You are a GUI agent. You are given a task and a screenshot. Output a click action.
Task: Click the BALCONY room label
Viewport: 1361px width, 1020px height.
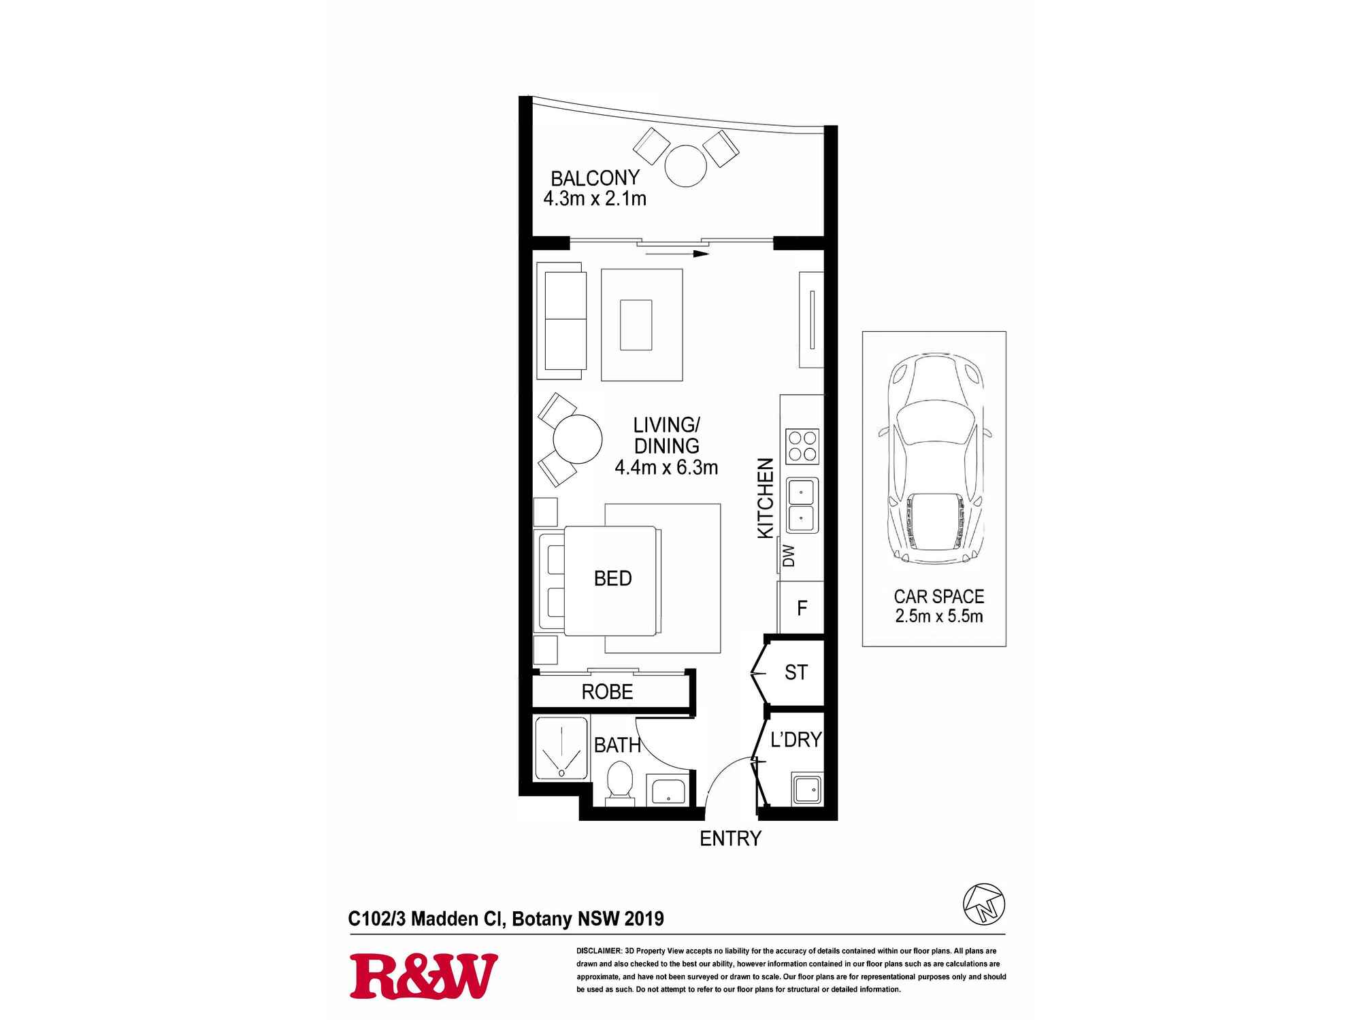(x=595, y=178)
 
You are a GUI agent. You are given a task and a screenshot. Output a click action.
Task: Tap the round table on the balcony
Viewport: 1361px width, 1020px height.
(x=686, y=165)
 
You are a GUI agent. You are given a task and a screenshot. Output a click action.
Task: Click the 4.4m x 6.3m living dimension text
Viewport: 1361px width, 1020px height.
(x=666, y=468)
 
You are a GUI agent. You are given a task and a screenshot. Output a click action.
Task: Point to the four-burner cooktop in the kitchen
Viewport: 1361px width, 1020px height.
(x=802, y=446)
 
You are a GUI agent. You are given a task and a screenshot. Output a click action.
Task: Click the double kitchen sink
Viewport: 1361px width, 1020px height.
(x=802, y=505)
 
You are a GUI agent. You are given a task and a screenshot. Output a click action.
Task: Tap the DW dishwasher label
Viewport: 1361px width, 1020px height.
(x=789, y=556)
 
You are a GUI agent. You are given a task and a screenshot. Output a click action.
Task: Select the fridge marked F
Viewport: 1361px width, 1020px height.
(x=802, y=607)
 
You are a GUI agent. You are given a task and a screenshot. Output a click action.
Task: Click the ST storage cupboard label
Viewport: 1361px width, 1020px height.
(x=796, y=673)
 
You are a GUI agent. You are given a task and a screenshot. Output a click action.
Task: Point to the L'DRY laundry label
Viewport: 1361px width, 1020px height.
(x=796, y=739)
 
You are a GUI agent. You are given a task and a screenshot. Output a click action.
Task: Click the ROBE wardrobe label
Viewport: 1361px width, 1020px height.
(x=607, y=692)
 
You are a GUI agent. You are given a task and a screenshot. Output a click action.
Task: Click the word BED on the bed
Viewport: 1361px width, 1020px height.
(x=612, y=579)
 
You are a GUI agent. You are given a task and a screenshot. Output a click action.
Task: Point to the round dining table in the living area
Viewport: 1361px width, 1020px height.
(x=577, y=439)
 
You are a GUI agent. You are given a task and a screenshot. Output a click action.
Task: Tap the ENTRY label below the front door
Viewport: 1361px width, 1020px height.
(x=730, y=838)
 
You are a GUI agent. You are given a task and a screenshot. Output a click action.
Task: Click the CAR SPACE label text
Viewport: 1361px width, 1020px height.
(x=938, y=596)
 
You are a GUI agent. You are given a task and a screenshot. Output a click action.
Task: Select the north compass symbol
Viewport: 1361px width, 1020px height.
(x=984, y=904)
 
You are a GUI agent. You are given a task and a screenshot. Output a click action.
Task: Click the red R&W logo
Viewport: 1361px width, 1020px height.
(x=423, y=976)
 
